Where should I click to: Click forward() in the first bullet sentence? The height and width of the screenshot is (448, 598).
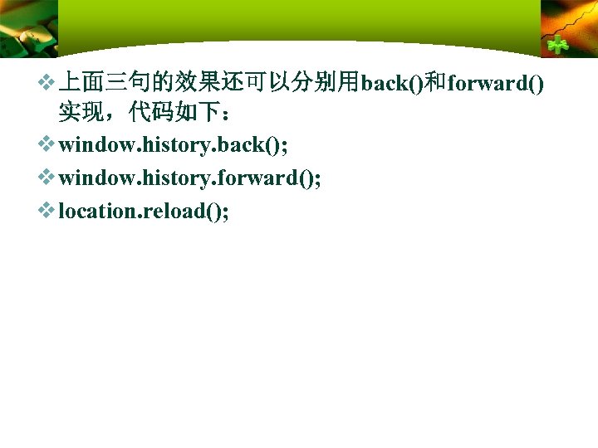(495, 83)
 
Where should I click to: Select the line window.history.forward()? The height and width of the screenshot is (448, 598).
(190, 178)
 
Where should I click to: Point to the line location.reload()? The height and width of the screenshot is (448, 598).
(144, 212)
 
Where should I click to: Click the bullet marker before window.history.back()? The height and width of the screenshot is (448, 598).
(49, 145)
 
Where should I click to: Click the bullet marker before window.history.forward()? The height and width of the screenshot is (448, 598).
(49, 178)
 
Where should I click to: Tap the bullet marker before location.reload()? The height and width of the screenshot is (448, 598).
(49, 211)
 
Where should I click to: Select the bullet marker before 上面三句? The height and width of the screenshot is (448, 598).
(49, 82)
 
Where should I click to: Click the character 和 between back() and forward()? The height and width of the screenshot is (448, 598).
(435, 82)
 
